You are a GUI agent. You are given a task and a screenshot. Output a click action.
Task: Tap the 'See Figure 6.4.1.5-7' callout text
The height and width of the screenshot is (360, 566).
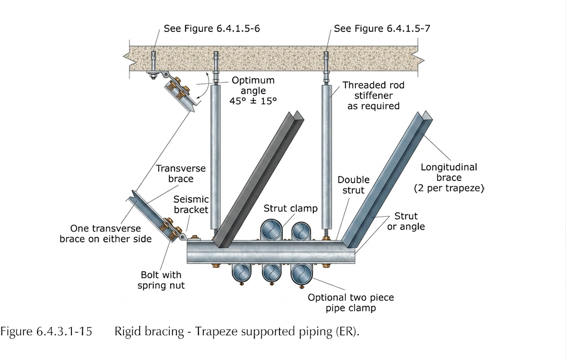tap(382, 29)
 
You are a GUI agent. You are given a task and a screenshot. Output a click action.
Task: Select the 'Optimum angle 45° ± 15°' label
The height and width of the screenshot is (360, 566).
tap(253, 90)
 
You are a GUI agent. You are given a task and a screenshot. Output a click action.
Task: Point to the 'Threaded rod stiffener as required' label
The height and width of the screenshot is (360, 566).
tap(373, 95)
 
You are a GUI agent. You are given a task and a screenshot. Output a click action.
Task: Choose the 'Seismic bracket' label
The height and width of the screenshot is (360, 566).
tap(190, 204)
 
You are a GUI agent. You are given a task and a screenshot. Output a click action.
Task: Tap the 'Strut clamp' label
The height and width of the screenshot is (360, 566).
tap(290, 208)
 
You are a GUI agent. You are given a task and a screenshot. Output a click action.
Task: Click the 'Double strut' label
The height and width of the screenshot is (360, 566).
tap(354, 185)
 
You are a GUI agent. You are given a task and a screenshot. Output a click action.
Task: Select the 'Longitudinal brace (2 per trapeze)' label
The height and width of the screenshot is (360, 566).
tap(449, 178)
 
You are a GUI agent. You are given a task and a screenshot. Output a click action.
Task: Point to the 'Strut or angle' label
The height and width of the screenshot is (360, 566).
tap(406, 221)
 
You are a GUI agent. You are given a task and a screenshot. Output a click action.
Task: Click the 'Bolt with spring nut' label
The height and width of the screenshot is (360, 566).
tap(161, 280)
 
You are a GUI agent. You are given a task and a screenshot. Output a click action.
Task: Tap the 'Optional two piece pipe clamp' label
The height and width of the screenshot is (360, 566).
tap(350, 302)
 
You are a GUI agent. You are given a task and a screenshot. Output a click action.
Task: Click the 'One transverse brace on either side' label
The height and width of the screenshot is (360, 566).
tap(105, 233)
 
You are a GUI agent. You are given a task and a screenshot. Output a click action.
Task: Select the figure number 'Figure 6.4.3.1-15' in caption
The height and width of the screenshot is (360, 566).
tap(46, 331)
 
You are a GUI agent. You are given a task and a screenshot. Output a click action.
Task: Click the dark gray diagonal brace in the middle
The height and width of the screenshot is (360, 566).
tap(258, 176)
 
